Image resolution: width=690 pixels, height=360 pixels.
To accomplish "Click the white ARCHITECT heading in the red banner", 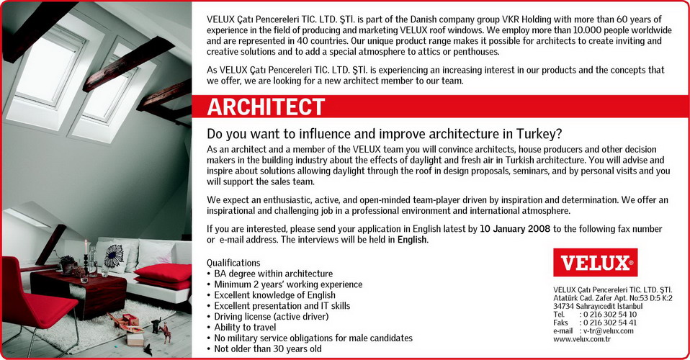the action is pos(266,107).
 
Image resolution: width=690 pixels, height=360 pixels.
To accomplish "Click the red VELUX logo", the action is pos(595,263).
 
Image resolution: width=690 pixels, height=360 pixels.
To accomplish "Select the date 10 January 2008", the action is pos(515,229).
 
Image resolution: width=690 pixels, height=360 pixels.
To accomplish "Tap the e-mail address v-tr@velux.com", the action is pos(609,331).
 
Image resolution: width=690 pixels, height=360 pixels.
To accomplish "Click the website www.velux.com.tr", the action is pos(582,339).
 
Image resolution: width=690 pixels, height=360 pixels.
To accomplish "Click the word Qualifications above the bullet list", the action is pos(233,264).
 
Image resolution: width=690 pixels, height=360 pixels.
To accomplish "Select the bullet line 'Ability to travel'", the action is pos(245,328).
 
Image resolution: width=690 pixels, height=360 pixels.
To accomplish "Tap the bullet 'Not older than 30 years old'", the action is pos(267,349).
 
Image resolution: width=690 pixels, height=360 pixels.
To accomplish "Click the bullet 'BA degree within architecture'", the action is pos(273,274).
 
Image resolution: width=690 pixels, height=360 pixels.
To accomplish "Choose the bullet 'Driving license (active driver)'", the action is pos(271,317).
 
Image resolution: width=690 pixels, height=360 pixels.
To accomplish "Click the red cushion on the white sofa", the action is pos(163,273).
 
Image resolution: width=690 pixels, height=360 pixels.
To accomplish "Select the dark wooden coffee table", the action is pos(79,292).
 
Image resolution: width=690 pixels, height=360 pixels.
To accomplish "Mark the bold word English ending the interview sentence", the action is pos(412,240).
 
